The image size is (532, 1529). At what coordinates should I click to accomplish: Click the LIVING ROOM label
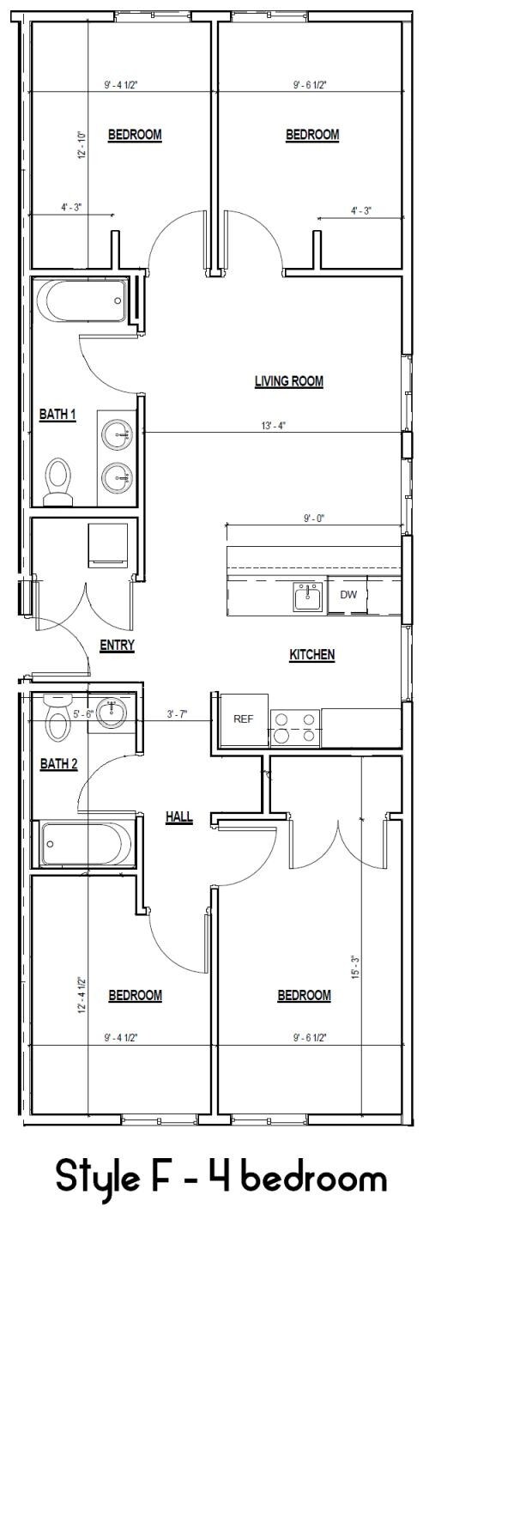(288, 381)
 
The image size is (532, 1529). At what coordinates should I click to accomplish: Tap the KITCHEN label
(311, 655)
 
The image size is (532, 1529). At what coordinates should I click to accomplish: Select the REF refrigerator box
(243, 719)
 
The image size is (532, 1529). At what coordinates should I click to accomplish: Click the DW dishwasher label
(348, 594)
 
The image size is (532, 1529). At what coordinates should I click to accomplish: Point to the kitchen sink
(308, 596)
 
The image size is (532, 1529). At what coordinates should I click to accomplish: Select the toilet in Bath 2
(58, 717)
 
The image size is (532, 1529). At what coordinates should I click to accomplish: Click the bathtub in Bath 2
(86, 845)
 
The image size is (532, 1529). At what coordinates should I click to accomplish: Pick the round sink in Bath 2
(110, 713)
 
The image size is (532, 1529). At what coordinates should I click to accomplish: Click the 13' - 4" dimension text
(273, 426)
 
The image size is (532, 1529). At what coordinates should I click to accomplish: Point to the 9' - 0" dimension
(314, 519)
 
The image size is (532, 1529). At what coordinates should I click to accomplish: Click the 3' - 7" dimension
(177, 714)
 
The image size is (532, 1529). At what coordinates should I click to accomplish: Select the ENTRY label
(117, 646)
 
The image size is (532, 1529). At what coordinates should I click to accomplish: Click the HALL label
(178, 817)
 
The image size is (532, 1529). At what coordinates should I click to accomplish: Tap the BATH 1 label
(57, 415)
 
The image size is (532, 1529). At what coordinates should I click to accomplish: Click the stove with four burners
(295, 728)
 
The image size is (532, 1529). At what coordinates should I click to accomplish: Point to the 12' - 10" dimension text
(82, 145)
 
